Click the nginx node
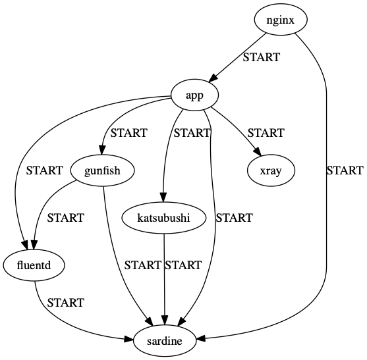point(280,20)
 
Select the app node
point(195,95)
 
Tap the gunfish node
point(102,170)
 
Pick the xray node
point(271,170)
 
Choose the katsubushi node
point(164,218)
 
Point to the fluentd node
point(34,265)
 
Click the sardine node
point(164,341)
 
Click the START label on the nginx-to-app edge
point(261,57)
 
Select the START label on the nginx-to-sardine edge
point(345,170)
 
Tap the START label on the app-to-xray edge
point(266,133)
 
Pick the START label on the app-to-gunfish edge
point(128,133)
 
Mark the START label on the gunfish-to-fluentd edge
point(65,218)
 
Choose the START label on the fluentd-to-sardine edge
point(65,303)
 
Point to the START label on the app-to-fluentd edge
point(44,170)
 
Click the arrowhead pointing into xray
point(257,152)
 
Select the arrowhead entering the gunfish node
point(102,150)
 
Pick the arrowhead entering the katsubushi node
point(163,197)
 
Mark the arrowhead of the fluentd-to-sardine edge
point(128,339)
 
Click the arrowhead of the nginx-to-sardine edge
point(200,338)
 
